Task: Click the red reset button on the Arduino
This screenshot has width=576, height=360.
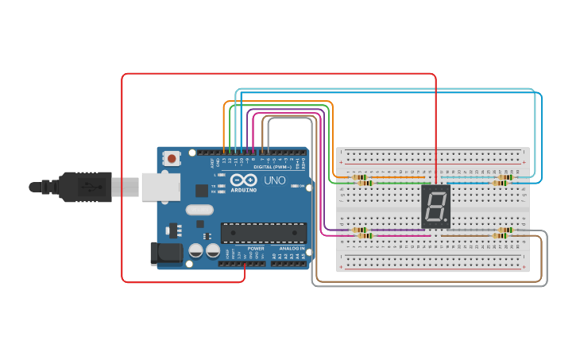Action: tap(172, 159)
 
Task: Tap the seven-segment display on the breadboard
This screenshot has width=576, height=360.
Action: tap(435, 207)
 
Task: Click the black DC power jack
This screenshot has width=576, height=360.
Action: tap(164, 254)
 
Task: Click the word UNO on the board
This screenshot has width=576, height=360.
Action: tap(274, 180)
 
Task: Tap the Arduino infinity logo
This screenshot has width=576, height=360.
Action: tap(243, 180)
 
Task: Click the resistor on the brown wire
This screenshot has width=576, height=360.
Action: tap(501, 236)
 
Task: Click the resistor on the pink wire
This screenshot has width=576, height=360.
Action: tap(364, 236)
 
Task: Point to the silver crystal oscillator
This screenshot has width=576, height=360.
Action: tap(200, 211)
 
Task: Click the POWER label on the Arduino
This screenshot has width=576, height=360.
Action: tap(256, 249)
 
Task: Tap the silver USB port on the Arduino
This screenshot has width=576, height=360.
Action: tap(160, 187)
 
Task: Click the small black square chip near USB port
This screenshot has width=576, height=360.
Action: tap(202, 191)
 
